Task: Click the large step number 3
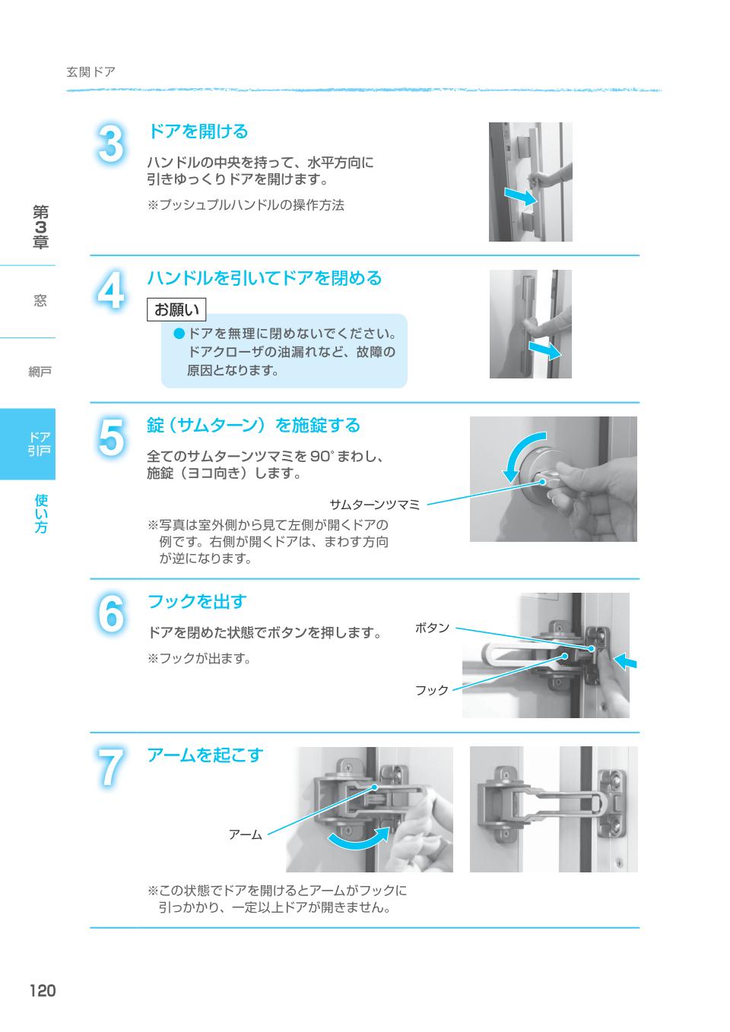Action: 111,144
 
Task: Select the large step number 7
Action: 111,768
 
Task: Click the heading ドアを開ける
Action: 198,131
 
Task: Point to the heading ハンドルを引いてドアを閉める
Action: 264,278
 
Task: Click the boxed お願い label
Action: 176,309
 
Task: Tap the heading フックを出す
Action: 197,601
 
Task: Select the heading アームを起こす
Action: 205,755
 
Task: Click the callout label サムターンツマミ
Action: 374,504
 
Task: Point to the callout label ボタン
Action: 432,628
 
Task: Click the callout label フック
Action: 432,690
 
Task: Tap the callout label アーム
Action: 245,834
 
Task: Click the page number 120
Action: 43,990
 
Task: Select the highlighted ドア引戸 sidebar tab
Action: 39,444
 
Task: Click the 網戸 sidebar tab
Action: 39,372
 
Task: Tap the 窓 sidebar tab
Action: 40,301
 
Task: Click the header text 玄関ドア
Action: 90,72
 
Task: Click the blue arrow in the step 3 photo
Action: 522,197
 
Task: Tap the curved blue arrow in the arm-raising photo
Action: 357,840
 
